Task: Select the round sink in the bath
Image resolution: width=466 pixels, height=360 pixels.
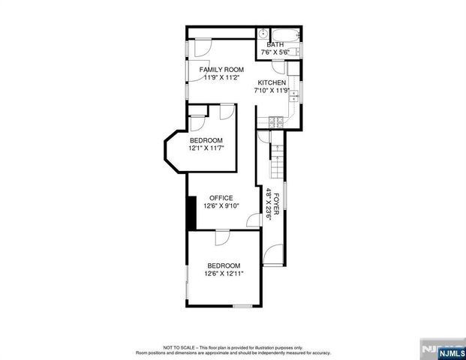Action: pos(263,34)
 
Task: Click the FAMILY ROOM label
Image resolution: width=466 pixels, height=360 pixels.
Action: pos(222,69)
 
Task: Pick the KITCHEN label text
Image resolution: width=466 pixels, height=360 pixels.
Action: pos(272,82)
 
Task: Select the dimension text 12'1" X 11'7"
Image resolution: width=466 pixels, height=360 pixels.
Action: pos(206,148)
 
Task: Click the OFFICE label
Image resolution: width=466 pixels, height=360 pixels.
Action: pos(221,198)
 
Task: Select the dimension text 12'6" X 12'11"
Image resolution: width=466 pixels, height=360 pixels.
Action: pos(224,274)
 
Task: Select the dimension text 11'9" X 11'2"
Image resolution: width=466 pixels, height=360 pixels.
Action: pos(221,77)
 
